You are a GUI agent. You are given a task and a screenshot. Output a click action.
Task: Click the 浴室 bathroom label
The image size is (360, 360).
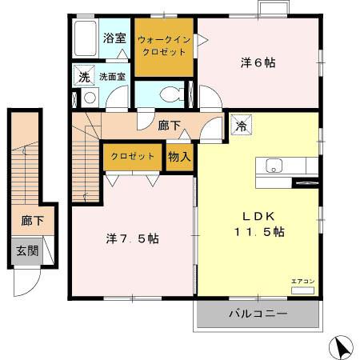coord(114,38)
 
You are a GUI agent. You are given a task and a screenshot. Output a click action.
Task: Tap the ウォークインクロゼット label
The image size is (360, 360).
coord(164,45)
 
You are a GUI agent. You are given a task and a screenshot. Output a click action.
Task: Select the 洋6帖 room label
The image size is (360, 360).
coord(258,62)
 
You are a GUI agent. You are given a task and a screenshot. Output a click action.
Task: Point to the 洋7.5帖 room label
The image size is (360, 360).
coord(132,238)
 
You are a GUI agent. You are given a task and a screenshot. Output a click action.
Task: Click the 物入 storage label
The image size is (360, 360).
coord(179,157)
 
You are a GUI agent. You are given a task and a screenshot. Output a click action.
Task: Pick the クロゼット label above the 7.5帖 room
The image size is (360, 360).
coord(132,156)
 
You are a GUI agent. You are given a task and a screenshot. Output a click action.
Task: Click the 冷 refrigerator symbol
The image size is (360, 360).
coord(240,126)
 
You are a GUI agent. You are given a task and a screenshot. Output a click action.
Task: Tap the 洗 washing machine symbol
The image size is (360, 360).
coord(83,77)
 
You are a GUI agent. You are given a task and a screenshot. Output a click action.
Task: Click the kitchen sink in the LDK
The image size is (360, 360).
coord(274,166)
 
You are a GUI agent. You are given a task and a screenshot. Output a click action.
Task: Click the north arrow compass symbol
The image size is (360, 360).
coord(342,347)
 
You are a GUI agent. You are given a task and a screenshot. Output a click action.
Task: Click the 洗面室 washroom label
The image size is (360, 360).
coord(112,78)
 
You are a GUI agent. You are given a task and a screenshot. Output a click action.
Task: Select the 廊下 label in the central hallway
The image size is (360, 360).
coord(169,125)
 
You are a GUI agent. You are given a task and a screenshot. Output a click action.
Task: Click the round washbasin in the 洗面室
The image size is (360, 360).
coord(90,98)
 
